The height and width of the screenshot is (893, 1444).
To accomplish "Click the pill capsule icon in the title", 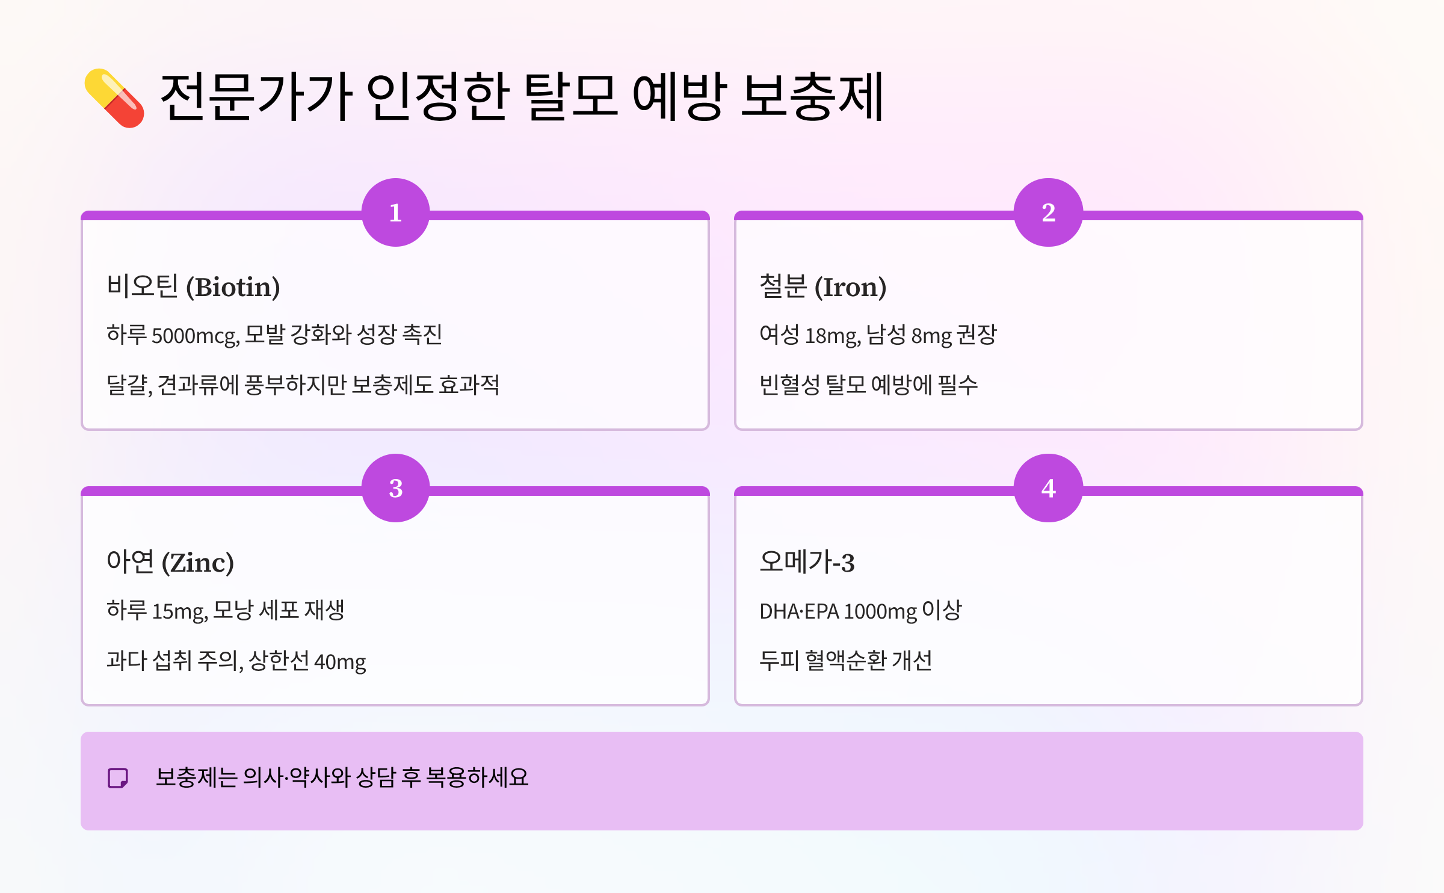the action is coord(114,97).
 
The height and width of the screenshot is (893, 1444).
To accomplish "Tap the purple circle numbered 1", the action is coord(395,212).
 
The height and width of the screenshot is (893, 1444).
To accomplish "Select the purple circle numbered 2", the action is coord(1048,212).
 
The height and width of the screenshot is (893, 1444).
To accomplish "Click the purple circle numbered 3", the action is coord(395,488).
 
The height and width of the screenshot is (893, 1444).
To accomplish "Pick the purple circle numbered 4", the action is coord(1048,488).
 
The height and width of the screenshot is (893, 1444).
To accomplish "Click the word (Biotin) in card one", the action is coord(233,287).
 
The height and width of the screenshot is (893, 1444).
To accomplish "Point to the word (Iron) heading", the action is coord(850,287).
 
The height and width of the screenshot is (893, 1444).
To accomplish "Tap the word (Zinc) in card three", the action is coord(198,563).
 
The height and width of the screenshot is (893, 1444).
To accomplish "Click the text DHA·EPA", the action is coord(799,611).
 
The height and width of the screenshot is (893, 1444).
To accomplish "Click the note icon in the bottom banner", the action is coord(118,777).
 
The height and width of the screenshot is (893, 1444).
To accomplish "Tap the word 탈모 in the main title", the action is coord(570,96).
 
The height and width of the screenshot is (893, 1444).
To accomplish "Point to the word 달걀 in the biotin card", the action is coord(128,385).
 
